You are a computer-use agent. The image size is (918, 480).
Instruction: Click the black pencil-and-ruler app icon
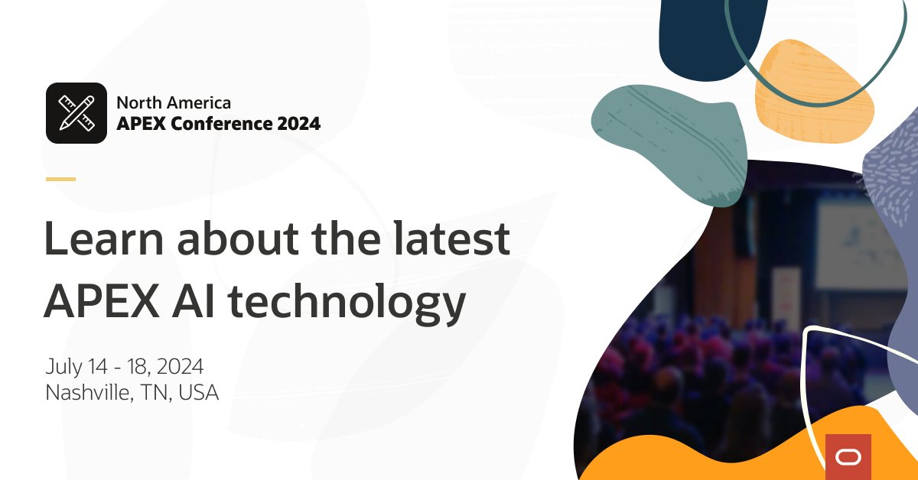tap(76, 113)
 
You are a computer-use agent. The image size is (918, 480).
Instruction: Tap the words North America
tap(173, 102)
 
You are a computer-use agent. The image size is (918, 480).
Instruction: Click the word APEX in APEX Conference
tap(141, 123)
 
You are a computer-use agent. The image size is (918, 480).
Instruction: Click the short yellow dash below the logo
tap(60, 179)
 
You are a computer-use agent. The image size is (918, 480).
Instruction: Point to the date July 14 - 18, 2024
tap(124, 366)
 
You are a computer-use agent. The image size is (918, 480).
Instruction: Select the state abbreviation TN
tap(156, 393)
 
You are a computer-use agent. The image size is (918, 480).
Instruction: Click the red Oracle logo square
tap(848, 456)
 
